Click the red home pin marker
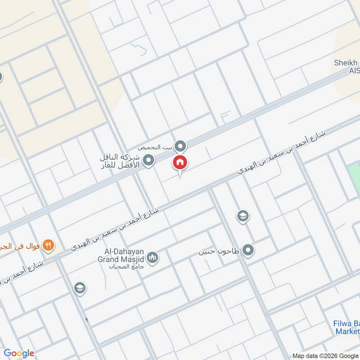point(180,163)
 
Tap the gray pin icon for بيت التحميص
point(180,146)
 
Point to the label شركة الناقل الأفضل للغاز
point(120,161)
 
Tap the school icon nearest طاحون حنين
point(243,216)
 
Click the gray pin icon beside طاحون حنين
point(247,250)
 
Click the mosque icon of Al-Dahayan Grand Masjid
point(153,258)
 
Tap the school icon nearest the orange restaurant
point(80,288)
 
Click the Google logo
point(19,353)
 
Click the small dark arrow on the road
point(86,320)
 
